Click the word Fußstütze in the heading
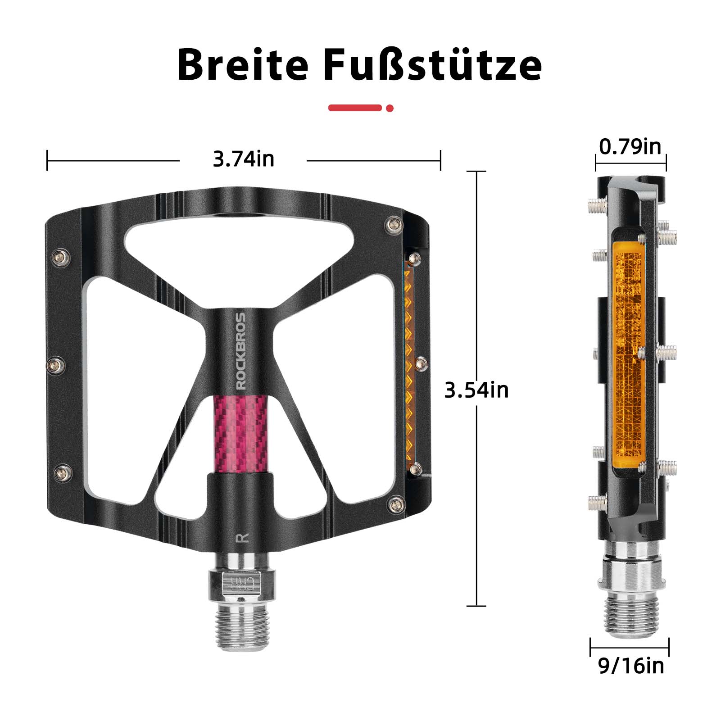pyautogui.click(x=432, y=66)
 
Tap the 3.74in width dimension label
pyautogui.click(x=243, y=159)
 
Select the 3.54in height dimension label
pyautogui.click(x=476, y=390)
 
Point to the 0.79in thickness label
pyautogui.click(x=630, y=147)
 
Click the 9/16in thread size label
pyautogui.click(x=631, y=666)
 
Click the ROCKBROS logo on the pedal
pyautogui.click(x=241, y=351)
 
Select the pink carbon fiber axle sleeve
pyautogui.click(x=240, y=432)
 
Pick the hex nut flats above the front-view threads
pyautogui.click(x=240, y=585)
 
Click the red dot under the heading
pyautogui.click(x=390, y=108)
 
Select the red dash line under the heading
pyautogui.click(x=355, y=108)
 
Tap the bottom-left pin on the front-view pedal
pyautogui.click(x=60, y=472)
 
